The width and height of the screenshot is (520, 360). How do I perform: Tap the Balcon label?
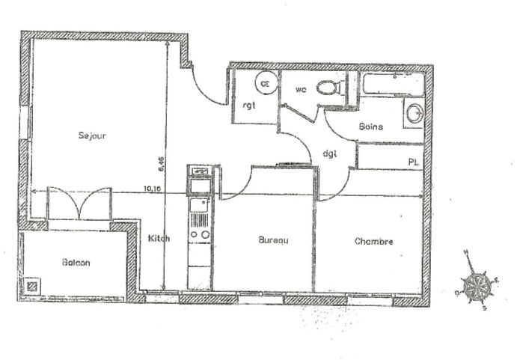76,263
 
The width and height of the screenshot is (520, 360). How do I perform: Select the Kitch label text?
159,239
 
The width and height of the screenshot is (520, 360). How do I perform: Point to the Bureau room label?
273,240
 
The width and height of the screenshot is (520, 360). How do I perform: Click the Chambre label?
373,241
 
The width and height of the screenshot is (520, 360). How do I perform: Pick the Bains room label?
370,126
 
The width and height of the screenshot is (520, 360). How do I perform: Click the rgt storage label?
249,106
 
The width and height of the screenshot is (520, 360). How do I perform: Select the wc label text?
301,90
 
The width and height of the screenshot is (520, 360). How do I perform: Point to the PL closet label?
413,162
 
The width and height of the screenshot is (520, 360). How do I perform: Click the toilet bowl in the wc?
328,88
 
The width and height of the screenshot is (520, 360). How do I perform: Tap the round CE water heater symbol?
265,84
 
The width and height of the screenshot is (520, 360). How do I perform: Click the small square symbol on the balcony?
32,286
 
